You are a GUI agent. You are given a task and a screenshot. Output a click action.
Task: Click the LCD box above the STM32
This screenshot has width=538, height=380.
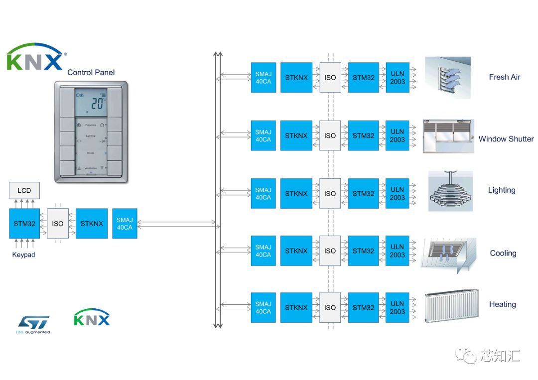point(24,190)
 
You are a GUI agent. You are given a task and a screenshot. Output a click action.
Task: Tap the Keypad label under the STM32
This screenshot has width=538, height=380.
point(23,254)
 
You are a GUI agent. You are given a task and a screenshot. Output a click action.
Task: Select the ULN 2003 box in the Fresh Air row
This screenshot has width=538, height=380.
point(397,77)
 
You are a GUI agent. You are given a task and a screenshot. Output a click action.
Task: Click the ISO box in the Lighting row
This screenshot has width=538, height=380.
point(330,193)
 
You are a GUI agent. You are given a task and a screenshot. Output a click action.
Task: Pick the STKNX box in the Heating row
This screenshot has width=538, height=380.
point(296,307)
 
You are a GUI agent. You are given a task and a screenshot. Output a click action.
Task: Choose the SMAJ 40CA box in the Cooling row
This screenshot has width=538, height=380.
point(263,251)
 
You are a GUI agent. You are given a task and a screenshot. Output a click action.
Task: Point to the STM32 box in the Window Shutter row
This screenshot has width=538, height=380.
point(363,135)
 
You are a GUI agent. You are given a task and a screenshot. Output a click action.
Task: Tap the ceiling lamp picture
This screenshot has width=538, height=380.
point(450,192)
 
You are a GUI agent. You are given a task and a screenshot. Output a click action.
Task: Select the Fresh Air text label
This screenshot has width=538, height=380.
point(504,77)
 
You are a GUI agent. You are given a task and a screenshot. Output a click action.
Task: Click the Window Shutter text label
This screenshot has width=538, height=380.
point(506,139)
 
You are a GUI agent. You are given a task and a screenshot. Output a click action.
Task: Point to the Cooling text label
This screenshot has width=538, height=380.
point(503,253)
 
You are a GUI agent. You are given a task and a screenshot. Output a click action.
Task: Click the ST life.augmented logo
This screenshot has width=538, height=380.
point(34,324)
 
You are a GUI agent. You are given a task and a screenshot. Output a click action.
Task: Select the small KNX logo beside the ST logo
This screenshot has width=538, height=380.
point(92,318)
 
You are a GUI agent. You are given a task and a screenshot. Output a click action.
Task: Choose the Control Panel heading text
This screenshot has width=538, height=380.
point(91,72)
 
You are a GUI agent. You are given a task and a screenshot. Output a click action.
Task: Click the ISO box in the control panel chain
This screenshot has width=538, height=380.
point(57,224)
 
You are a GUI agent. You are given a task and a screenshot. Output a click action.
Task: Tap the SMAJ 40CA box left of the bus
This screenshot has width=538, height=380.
point(125,224)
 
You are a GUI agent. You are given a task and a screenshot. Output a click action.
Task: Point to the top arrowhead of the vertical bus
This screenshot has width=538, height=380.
point(218,53)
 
